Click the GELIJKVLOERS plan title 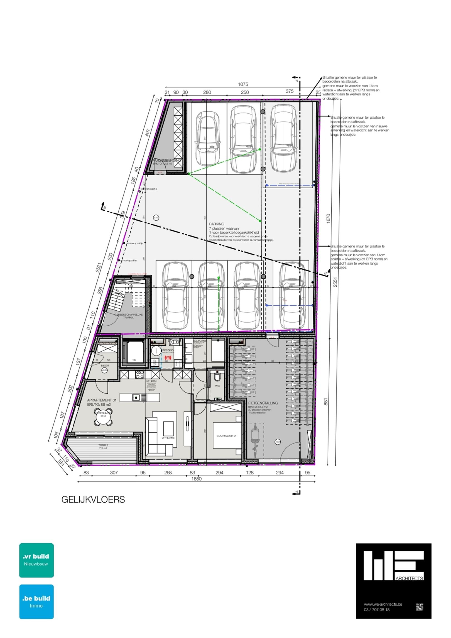pos(93,500)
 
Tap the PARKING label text pos(216,224)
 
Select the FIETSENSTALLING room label pos(263,403)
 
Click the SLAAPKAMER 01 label pos(226,436)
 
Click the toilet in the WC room pos(217,378)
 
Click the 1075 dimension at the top pos(243,84)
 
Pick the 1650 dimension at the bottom pos(196,479)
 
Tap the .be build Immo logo pos(36,602)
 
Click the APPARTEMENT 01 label pos(102,400)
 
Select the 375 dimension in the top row pos(290,91)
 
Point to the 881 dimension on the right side pos(326,401)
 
